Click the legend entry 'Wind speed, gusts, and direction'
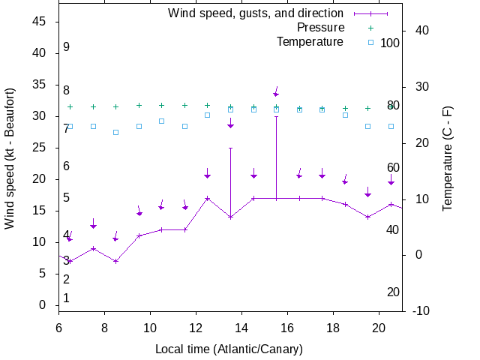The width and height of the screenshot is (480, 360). tap(255, 13)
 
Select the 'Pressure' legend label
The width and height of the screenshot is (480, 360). tap(320, 27)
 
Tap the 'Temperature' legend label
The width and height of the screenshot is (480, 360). tap(310, 41)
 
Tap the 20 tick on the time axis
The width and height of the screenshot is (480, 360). tap(379, 327)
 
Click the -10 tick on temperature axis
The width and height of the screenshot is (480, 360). tap(421, 310)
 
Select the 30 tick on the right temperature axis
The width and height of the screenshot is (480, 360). tap(420, 86)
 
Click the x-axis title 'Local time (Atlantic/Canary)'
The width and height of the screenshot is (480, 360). tap(229, 349)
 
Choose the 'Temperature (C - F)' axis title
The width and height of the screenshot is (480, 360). tap(448, 157)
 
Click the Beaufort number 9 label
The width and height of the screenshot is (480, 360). tap(66, 46)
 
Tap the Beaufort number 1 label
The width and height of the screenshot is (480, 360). tap(66, 298)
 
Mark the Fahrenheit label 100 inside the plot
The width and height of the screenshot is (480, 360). tap(390, 43)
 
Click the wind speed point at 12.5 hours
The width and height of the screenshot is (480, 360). tap(207, 198)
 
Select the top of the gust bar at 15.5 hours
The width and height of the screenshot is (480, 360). tap(276, 116)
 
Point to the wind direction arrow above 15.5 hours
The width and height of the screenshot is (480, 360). tap(276, 92)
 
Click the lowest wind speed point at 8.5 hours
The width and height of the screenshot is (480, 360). tap(115, 261)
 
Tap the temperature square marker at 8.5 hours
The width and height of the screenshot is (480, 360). tap(115, 132)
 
